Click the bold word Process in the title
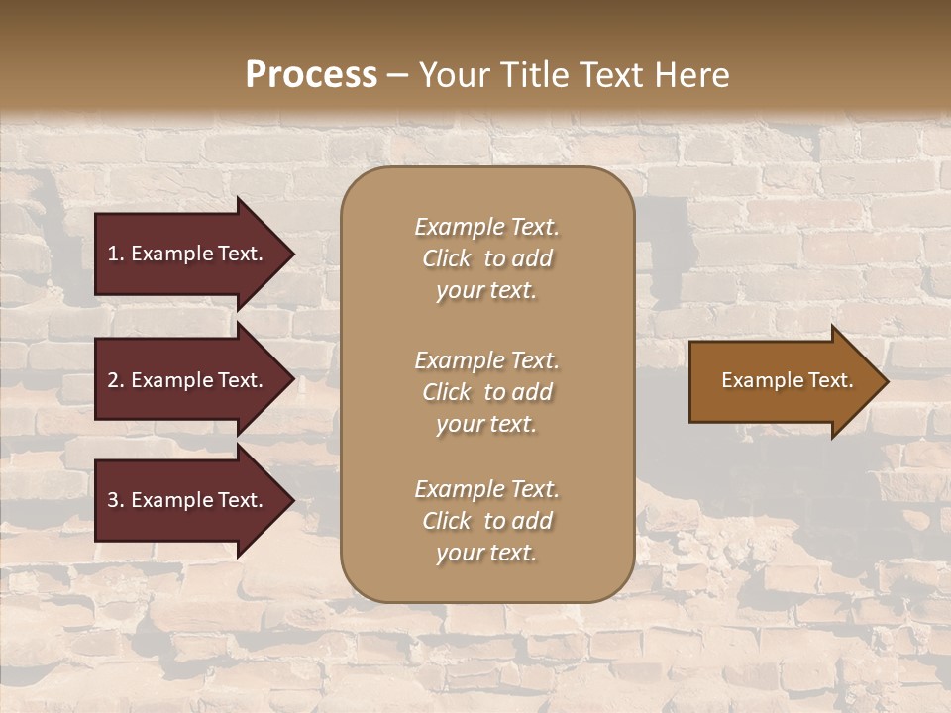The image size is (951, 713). point(311,75)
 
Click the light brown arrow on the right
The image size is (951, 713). point(783,380)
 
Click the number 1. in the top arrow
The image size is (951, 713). point(116,254)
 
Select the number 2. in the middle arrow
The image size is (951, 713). point(116,380)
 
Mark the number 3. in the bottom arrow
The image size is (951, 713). point(116,500)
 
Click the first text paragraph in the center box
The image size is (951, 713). point(486,258)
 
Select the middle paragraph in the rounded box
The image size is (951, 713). point(486,392)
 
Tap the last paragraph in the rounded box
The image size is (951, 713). point(486,521)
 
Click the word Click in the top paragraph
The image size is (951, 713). point(446,258)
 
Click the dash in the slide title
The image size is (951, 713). point(398,75)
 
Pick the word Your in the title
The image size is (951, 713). point(451,75)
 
